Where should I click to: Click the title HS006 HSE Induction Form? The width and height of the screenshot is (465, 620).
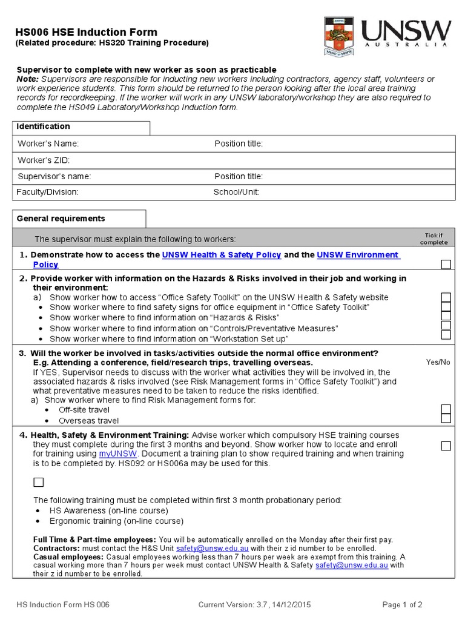[x=86, y=32]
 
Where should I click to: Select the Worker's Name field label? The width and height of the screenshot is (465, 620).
[x=48, y=143]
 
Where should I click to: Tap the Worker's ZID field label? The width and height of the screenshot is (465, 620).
[x=44, y=160]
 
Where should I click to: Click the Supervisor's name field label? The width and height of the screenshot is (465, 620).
[x=54, y=176]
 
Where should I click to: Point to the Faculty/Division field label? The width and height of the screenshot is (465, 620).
[x=48, y=192]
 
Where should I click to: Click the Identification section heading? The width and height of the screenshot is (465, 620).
[x=43, y=127]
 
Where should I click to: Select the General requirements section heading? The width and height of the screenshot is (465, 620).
[x=61, y=219]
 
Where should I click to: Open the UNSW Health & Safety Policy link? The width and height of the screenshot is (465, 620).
[x=222, y=255]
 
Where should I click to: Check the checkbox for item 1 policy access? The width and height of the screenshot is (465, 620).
[x=446, y=264]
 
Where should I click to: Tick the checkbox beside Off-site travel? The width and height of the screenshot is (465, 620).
[x=446, y=409]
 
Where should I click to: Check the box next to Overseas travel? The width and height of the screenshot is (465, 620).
[x=446, y=418]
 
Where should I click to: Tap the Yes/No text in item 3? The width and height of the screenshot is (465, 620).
[x=438, y=362]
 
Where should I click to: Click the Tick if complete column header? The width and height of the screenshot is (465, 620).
[x=434, y=239]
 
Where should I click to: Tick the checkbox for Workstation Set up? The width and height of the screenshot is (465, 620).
[x=446, y=335]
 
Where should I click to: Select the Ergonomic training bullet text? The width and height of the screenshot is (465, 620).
[x=116, y=521]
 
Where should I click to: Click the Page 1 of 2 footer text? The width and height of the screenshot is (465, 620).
[x=402, y=604]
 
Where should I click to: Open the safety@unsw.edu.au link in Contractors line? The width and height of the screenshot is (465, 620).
[x=203, y=548]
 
